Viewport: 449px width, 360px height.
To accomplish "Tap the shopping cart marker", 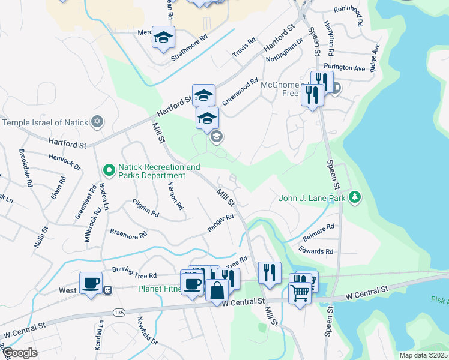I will (300, 293).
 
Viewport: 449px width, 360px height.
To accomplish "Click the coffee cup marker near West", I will (91, 282).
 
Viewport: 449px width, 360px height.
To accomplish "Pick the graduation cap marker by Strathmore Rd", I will (163, 38).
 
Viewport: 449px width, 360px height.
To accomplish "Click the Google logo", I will (20, 353).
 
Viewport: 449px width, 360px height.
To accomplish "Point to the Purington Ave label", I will (344, 68).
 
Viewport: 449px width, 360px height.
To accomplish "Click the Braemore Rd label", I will (128, 233).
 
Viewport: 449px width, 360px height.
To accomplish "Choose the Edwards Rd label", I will (318, 251).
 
